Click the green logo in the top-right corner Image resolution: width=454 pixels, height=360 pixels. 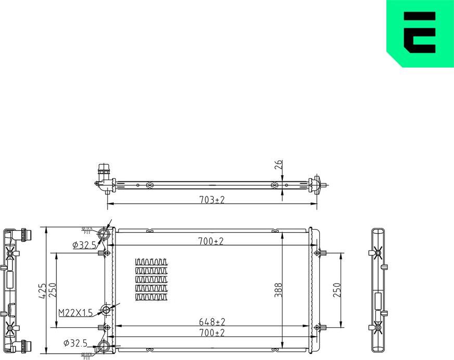click(420, 32)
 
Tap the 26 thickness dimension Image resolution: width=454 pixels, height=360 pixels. click(279, 165)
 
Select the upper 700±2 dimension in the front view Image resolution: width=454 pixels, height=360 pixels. click(211, 241)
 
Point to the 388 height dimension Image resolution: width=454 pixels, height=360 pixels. click(279, 289)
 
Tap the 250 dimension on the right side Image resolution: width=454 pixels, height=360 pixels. click(337, 290)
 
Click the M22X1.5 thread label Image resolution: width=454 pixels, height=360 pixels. click(75, 312)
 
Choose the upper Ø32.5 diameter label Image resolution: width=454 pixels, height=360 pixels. click(84, 244)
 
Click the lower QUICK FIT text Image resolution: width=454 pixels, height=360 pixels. click(86, 356)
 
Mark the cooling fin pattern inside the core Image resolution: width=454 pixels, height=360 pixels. click(151, 279)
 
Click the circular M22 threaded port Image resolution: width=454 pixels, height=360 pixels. click(107, 311)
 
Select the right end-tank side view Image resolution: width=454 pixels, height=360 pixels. click(380, 289)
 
